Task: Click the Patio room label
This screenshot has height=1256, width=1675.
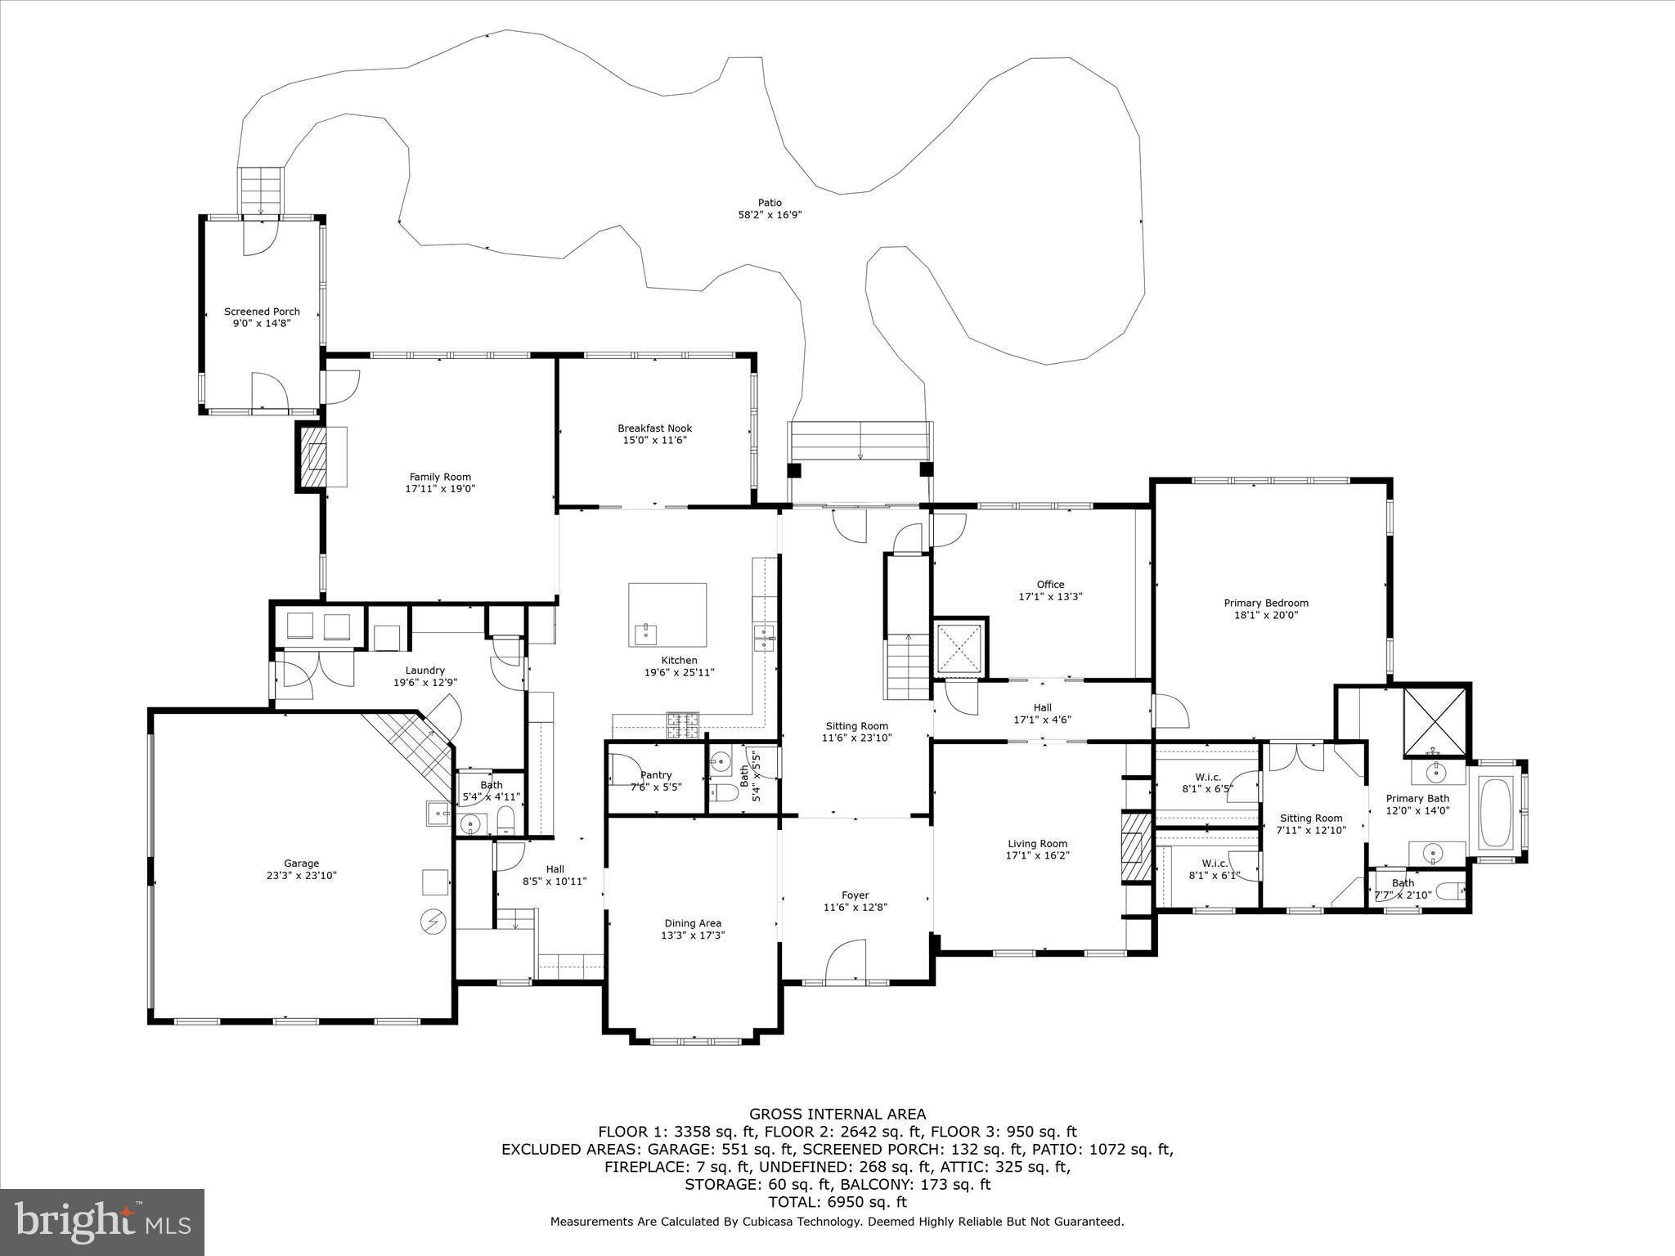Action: [x=770, y=203]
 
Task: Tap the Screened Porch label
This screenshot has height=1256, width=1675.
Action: [x=262, y=312]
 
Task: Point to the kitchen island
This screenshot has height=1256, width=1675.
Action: [x=667, y=614]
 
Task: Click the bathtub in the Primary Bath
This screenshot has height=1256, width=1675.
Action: [x=1497, y=813]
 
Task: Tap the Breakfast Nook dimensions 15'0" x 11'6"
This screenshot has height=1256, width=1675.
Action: [x=654, y=440]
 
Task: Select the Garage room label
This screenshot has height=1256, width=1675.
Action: [x=301, y=863]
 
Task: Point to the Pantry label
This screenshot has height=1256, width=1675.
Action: [x=656, y=775]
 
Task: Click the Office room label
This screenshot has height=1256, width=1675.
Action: [x=1050, y=585]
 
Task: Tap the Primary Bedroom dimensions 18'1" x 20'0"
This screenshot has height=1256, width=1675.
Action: [x=1266, y=615]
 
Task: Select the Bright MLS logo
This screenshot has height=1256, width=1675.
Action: [x=102, y=1222]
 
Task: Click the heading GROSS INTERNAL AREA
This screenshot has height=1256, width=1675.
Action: [x=837, y=1114]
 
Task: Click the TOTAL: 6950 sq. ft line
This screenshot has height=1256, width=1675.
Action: [x=837, y=1202]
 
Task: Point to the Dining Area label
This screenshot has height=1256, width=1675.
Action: [x=693, y=923]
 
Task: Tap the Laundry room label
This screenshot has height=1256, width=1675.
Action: [x=424, y=671]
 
